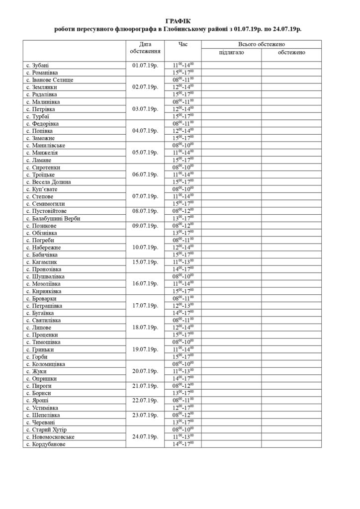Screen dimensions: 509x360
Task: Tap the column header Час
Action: point(182,44)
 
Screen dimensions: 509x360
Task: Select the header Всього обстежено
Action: point(261,44)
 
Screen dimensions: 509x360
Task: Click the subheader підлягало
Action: point(231,52)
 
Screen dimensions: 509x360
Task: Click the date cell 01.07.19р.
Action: point(146,65)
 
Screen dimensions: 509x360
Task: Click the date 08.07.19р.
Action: point(146,210)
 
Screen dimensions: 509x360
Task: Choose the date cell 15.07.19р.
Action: point(146,261)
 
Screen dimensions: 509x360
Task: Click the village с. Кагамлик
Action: point(42,261)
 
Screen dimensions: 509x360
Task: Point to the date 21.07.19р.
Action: point(146,385)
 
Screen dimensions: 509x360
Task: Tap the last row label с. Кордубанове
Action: point(46,444)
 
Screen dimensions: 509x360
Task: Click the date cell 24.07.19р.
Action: point(146,436)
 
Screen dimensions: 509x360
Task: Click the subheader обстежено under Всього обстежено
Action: point(291,52)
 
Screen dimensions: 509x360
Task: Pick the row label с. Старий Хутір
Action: point(46,429)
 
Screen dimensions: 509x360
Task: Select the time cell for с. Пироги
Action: point(182,385)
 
